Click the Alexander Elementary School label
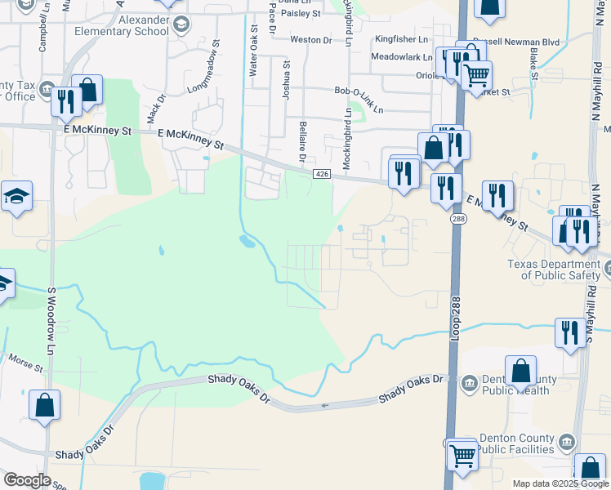[x=121, y=25]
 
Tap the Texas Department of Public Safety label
[x=554, y=269]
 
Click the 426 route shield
[x=321, y=175]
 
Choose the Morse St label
[x=25, y=363]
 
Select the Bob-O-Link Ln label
[x=358, y=92]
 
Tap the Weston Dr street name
[x=311, y=39]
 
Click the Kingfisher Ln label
[x=401, y=39]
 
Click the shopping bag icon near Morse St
[x=44, y=405]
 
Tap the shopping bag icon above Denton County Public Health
[x=520, y=372]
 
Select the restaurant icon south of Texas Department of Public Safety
[x=569, y=332]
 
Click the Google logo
[x=27, y=480]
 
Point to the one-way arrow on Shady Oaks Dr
[x=325, y=405]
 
